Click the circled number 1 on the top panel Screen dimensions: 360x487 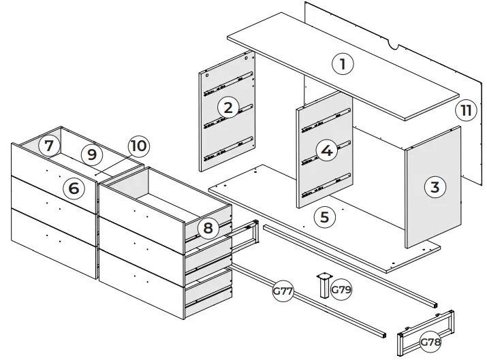coord(343,65)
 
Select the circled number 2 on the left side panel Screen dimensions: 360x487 coord(227,107)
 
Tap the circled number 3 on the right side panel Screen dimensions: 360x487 coord(436,187)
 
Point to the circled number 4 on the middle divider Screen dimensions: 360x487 coord(327,151)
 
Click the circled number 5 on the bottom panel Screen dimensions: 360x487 coord(324,217)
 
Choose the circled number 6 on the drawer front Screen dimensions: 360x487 coord(74,188)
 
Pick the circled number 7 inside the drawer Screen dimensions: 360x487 coord(47,145)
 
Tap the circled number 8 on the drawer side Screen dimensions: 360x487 coord(208,229)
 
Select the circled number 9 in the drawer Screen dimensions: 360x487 coord(91,154)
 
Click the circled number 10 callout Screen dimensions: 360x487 coord(138,146)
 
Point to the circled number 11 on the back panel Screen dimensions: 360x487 coord(465,111)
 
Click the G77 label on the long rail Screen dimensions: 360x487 coord(283,292)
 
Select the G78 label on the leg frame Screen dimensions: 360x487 coord(430,342)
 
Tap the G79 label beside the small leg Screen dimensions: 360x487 coord(341,290)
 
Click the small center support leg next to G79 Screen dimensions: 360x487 coord(321,286)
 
